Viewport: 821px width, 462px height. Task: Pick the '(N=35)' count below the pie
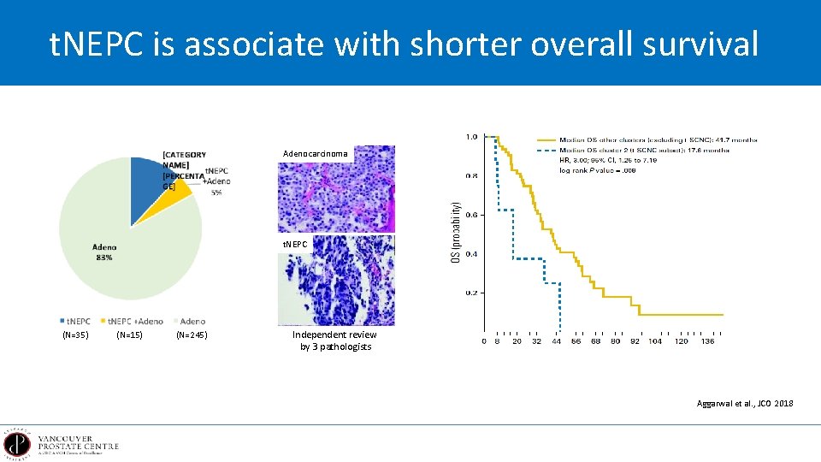click(76, 335)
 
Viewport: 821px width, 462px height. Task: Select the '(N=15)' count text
click(129, 335)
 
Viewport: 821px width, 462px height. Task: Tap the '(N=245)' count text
click(192, 335)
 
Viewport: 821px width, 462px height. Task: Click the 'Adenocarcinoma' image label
click(316, 154)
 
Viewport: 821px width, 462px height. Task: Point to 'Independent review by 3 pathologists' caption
click(334, 341)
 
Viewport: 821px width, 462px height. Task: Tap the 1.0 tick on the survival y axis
click(470, 137)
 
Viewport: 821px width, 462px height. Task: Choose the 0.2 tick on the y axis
click(470, 293)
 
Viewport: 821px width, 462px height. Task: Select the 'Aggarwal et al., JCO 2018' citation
click(745, 402)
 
